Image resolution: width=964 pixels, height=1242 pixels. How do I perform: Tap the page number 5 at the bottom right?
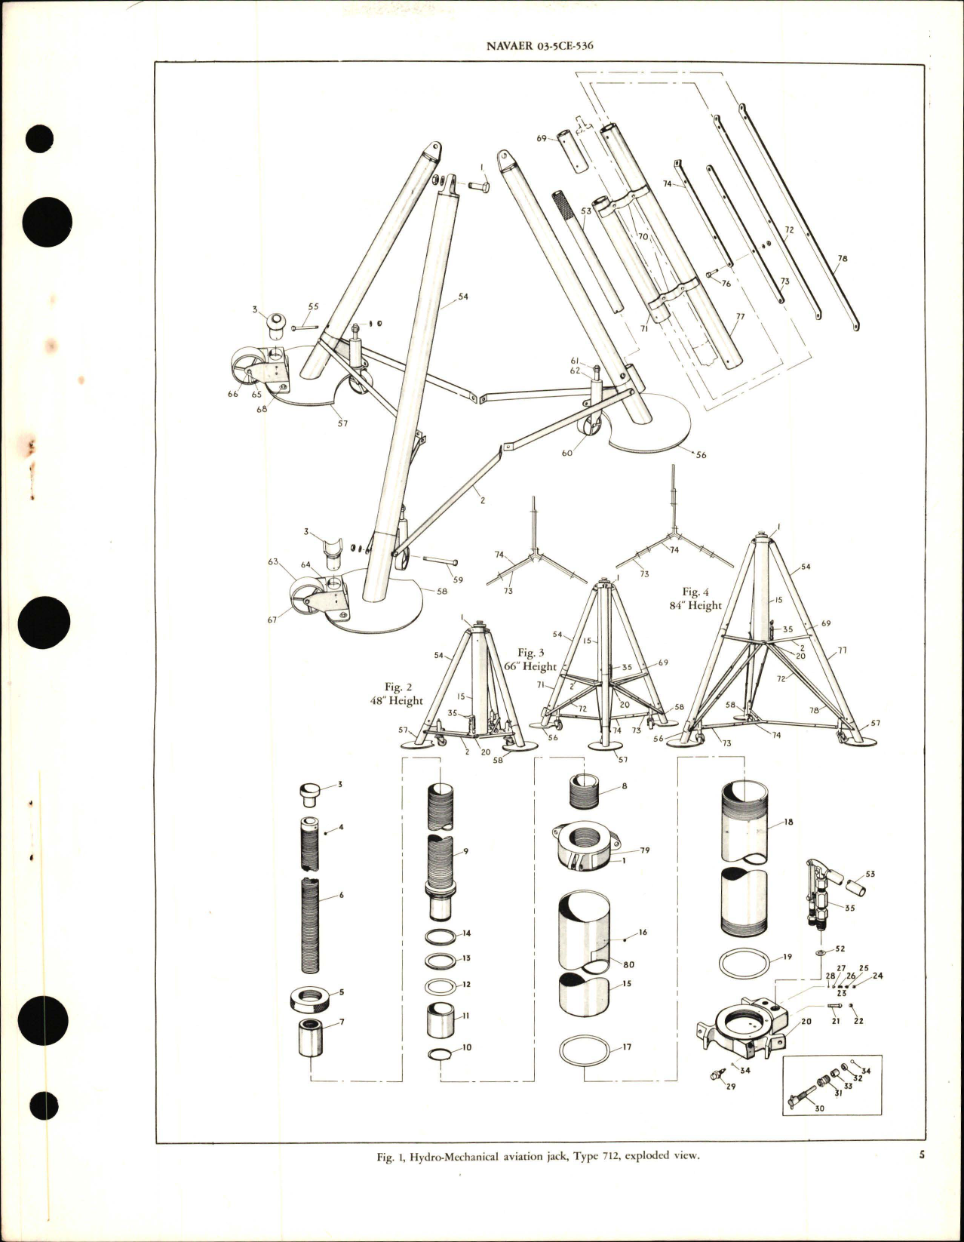click(922, 1176)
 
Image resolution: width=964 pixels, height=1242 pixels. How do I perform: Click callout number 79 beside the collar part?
click(645, 850)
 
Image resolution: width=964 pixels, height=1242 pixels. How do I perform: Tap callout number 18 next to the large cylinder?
click(788, 822)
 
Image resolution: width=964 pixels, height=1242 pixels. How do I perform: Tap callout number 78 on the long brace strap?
click(843, 259)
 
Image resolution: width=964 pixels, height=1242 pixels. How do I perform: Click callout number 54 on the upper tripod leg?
click(463, 297)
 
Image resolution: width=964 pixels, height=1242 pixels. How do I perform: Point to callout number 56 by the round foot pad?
click(701, 455)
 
